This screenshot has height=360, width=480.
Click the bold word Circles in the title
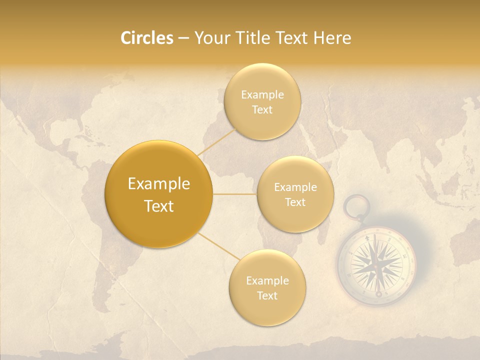point(146,38)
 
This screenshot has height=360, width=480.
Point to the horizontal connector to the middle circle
point(235,194)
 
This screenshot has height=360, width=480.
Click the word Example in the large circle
point(159,184)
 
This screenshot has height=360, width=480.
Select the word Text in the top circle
point(262,110)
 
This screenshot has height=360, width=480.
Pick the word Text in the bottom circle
point(267,295)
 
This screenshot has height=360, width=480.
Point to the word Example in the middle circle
point(295,187)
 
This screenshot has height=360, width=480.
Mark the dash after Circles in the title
point(183,38)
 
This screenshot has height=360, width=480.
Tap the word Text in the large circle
point(159,206)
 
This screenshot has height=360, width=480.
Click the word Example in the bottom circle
point(267,280)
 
